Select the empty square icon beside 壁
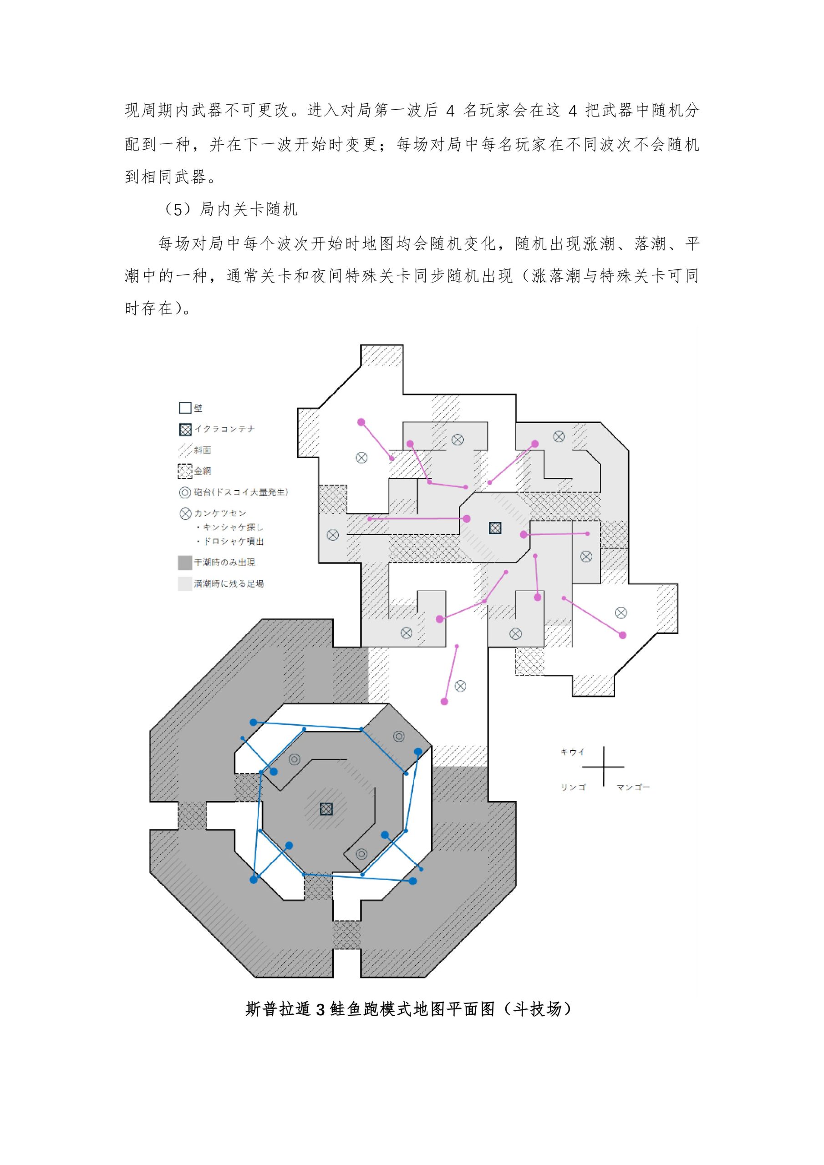[185, 408]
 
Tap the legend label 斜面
[202, 450]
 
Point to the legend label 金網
[202, 471]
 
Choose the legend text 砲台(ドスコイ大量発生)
[241, 492]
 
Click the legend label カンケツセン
[220, 513]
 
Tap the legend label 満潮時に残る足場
[229, 584]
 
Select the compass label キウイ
[573, 752]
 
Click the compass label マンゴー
[633, 787]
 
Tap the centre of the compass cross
[604, 767]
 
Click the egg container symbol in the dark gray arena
[326, 809]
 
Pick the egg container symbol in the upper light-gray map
[495, 528]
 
